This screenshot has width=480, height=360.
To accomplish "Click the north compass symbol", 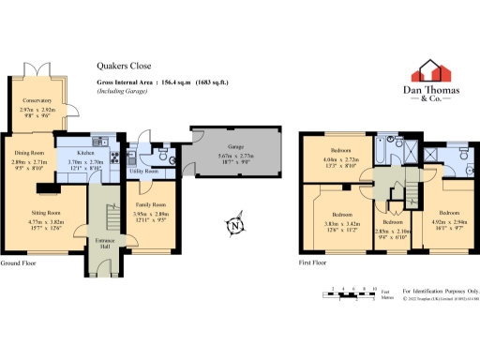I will click(234, 225).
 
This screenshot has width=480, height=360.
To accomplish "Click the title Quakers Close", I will click(127, 67).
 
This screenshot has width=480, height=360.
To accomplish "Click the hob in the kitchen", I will click(112, 157).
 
